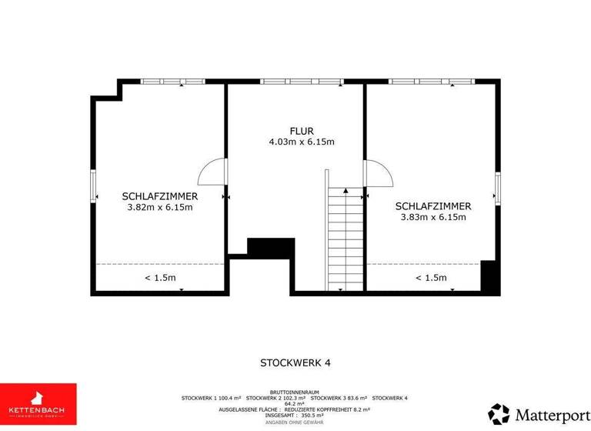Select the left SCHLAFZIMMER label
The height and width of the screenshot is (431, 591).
(x=159, y=196)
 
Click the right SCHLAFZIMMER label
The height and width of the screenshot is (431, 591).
(x=433, y=206)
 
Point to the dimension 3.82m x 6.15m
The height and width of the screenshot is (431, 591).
(x=159, y=207)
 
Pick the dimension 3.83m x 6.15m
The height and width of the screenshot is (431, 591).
(x=433, y=217)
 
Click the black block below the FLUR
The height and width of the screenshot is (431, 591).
(x=271, y=247)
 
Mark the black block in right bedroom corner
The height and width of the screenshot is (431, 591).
(x=489, y=276)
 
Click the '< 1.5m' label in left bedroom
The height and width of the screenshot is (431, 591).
(x=160, y=278)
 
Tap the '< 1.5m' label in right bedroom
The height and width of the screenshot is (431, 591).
(x=431, y=278)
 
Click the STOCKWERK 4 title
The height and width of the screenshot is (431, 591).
(x=295, y=362)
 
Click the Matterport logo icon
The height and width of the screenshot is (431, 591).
(x=499, y=414)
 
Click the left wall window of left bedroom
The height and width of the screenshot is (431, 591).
(x=94, y=186)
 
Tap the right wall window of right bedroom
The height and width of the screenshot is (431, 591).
(x=498, y=189)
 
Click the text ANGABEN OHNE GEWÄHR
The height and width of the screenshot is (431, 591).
(x=295, y=423)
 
